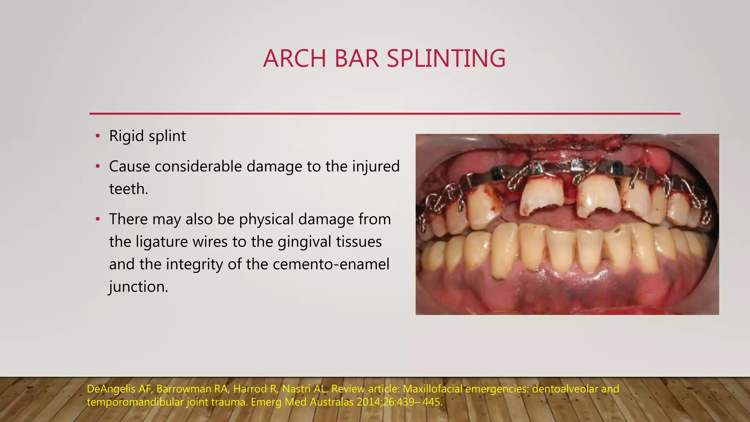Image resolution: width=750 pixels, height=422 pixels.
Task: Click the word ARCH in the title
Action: click(x=294, y=59)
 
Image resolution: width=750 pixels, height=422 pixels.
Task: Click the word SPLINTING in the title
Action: click(x=446, y=59)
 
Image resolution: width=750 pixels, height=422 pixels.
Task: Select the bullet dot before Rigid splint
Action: click(x=97, y=136)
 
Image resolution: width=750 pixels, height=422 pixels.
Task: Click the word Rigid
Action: click(x=126, y=136)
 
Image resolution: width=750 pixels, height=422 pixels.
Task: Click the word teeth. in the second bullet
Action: click(x=129, y=189)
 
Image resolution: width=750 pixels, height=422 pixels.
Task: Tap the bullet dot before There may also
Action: click(x=97, y=219)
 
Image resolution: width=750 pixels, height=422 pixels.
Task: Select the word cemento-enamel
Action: click(x=331, y=264)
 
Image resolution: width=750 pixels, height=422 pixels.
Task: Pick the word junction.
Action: click(x=138, y=287)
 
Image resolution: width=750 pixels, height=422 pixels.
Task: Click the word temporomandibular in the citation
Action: click(x=135, y=402)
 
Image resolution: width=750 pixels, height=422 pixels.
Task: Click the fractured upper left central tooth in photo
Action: click(x=598, y=197)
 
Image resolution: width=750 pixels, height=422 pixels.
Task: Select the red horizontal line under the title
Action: click(x=385, y=114)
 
